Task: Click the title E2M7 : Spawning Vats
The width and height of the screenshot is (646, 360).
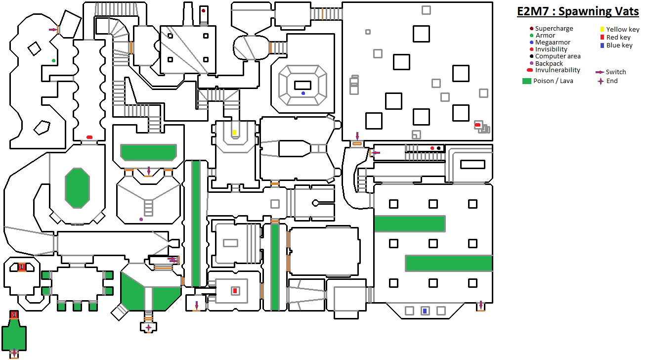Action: tap(578, 12)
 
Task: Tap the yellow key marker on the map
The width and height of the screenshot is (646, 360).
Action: tap(234, 133)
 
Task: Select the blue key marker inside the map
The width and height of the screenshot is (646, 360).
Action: tap(424, 311)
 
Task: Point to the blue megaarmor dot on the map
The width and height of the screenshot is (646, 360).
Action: tap(303, 93)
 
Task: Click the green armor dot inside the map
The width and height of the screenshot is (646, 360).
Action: tap(54, 61)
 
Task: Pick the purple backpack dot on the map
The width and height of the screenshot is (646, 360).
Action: tap(141, 219)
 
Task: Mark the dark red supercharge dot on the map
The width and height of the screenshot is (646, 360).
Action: tap(203, 10)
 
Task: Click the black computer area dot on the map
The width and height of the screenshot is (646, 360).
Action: tap(438, 148)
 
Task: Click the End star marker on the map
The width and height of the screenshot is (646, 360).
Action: tap(148, 327)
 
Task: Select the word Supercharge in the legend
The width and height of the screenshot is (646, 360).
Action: tap(554, 29)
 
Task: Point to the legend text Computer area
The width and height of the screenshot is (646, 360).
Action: tap(558, 56)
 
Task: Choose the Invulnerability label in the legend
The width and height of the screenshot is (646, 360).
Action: tap(558, 70)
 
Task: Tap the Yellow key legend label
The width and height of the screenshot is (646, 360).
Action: tap(623, 30)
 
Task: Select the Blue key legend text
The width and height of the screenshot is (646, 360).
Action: tap(619, 45)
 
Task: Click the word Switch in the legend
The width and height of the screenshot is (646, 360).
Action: tap(616, 72)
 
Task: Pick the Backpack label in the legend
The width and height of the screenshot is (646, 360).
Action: tap(549, 63)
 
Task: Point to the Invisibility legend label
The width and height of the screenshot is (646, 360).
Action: tap(551, 49)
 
